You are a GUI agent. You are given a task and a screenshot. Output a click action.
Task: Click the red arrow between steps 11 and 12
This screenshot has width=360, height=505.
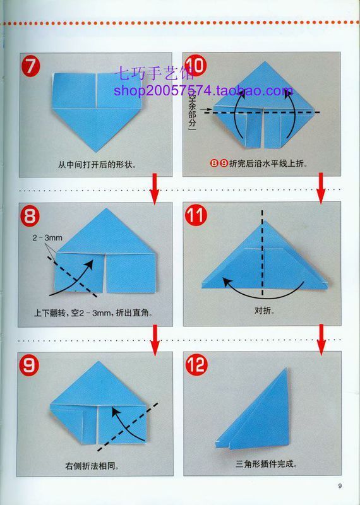pyautogui.click(x=320, y=339)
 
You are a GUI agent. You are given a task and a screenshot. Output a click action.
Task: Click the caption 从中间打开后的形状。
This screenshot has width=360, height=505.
pyautogui.click(x=97, y=165)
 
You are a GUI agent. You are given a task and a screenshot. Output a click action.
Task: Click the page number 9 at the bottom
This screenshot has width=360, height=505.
pyautogui.click(x=339, y=485)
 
